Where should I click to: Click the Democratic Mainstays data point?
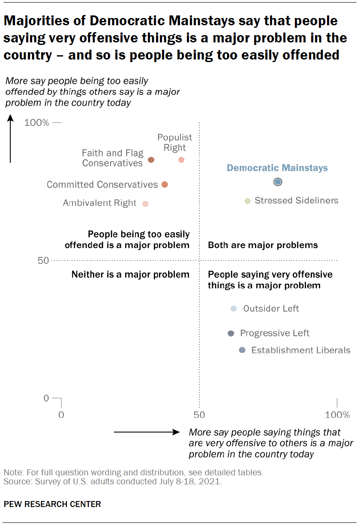click(x=278, y=182)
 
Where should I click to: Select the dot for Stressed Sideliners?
click(x=247, y=201)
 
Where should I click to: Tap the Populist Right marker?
click(x=181, y=160)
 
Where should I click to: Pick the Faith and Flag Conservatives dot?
click(x=151, y=160)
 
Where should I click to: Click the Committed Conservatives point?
click(x=165, y=185)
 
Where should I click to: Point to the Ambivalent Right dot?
click(x=145, y=204)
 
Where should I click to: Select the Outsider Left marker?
click(x=234, y=308)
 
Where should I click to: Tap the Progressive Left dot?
click(x=231, y=334)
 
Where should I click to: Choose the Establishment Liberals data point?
click(x=242, y=350)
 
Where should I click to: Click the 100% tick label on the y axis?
click(x=37, y=123)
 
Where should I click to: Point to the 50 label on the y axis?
click(x=42, y=260)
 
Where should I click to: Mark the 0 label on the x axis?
click(x=61, y=415)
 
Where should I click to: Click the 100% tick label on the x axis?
click(x=337, y=415)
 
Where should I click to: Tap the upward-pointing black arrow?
click(x=10, y=139)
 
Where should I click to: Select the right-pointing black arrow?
click(x=146, y=433)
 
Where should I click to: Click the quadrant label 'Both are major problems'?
click(x=263, y=245)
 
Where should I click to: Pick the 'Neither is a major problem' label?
click(x=130, y=274)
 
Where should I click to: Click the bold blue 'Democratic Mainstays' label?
click(x=277, y=168)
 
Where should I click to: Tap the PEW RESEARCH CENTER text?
click(x=52, y=504)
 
